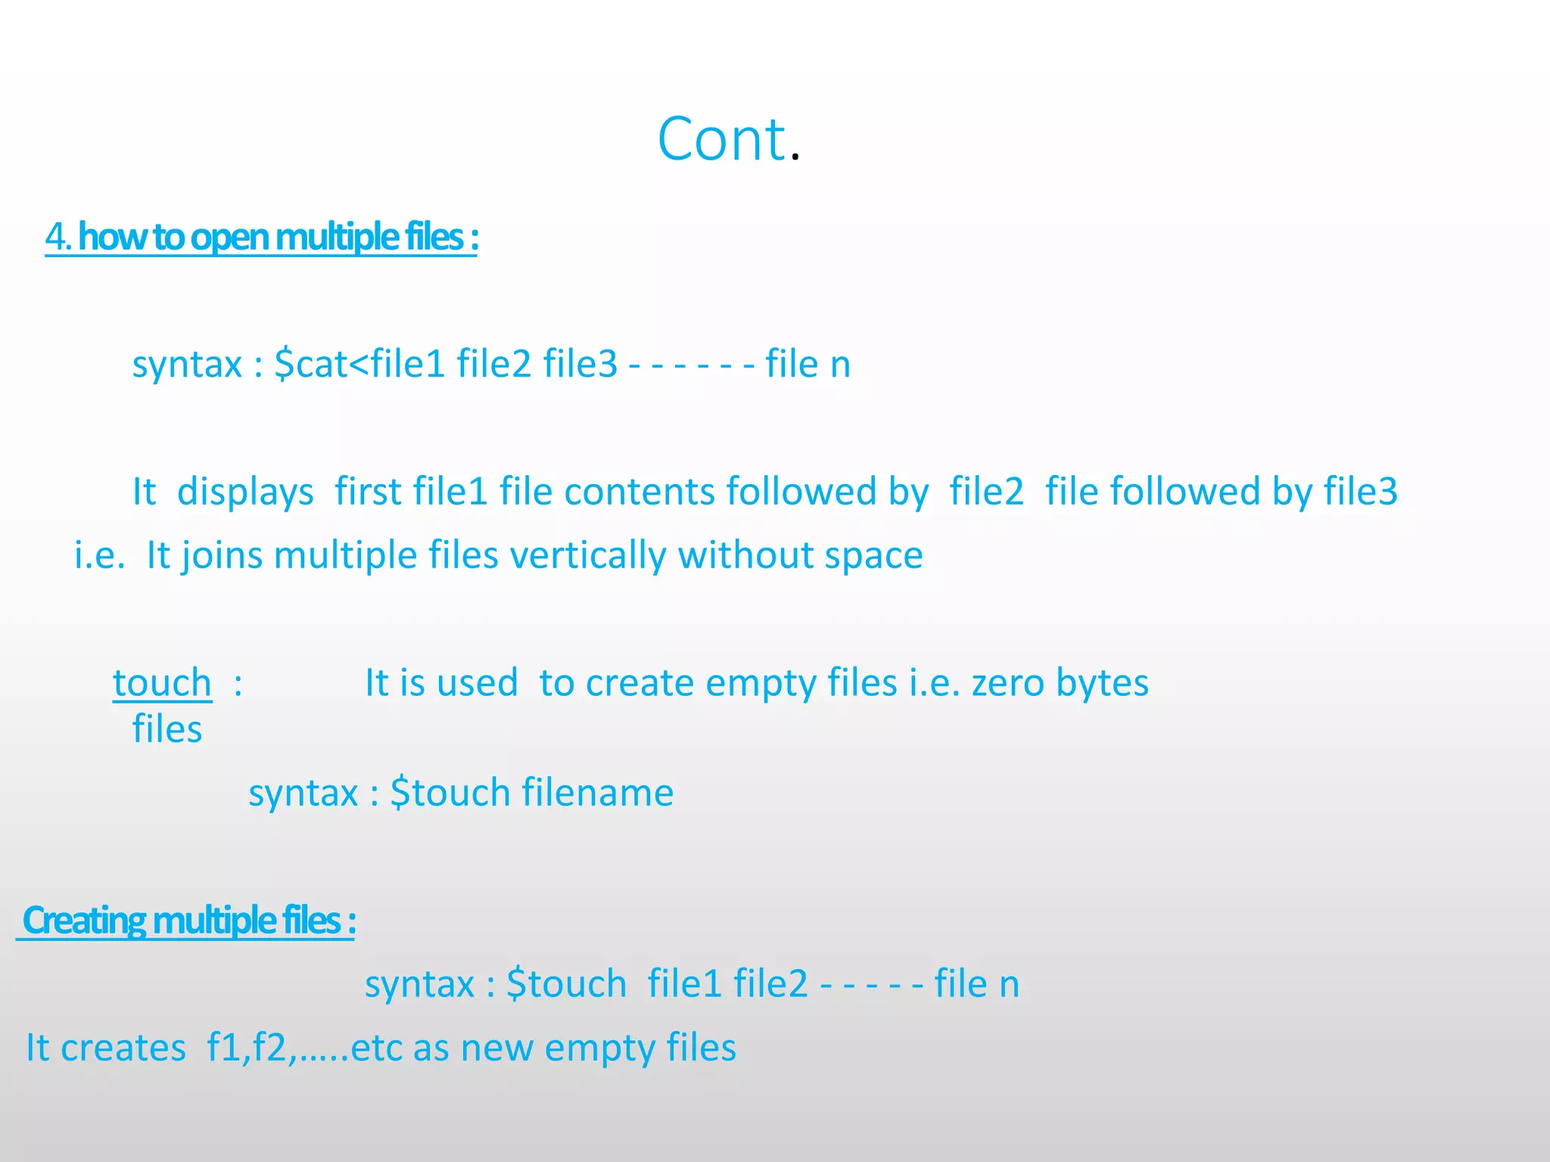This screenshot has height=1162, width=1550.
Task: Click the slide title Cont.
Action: pos(728,139)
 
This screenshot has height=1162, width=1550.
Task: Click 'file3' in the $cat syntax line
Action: pos(580,364)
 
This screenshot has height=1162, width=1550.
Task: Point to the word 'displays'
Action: pos(245,492)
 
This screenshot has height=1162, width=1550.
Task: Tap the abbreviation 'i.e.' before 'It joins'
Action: pos(99,555)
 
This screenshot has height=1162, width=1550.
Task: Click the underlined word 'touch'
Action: pos(162,683)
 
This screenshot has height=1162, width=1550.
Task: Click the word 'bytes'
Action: pos(1102,683)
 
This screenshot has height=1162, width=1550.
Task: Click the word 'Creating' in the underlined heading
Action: pos(84,921)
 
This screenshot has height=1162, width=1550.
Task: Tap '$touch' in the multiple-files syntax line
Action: pos(566,984)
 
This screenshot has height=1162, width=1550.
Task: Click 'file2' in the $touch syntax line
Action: pos(770,984)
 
